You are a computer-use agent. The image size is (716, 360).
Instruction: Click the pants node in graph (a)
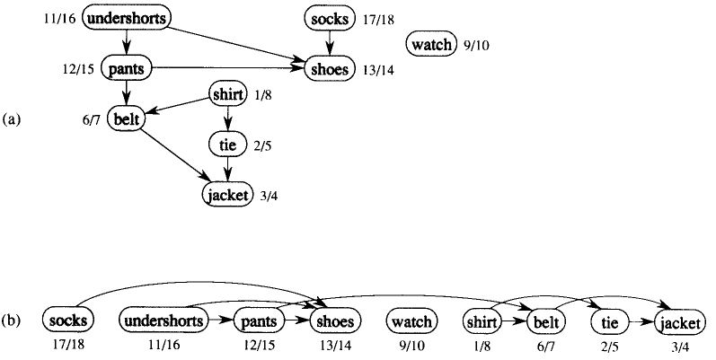coord(127,66)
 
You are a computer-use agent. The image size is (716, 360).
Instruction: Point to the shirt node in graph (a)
coord(226,93)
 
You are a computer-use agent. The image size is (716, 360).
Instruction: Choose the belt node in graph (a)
coord(126,118)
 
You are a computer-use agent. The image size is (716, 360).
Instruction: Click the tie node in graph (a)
coord(225,143)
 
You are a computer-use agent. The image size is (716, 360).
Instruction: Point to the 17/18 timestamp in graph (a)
coord(377,18)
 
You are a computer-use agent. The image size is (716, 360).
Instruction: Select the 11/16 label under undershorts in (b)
coord(164,342)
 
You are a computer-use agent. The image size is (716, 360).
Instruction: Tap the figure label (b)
coord(13,320)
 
